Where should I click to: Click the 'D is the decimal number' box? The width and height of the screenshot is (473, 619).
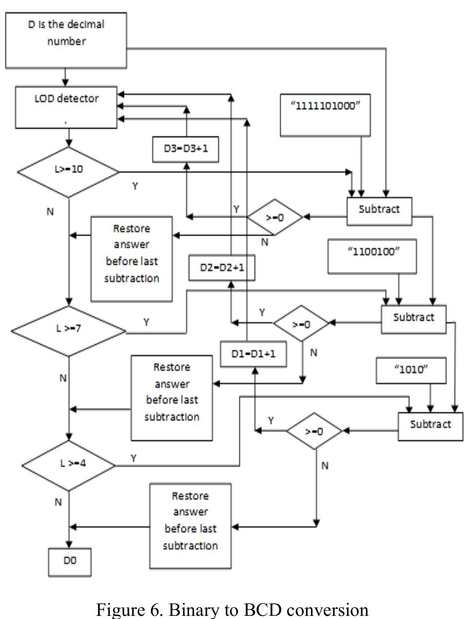point(66,41)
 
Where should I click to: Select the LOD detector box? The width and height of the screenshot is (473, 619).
point(66,108)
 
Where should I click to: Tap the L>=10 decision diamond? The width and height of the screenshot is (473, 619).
point(68,171)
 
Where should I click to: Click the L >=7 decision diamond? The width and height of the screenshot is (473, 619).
point(68,330)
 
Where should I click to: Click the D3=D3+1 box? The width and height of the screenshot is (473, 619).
point(186,149)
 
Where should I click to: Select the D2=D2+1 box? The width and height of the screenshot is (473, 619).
point(222,268)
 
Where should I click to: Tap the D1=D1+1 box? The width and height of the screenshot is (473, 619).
point(253,354)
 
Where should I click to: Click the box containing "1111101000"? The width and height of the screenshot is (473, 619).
point(325,115)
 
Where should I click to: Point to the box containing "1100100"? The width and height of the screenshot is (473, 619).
point(372,257)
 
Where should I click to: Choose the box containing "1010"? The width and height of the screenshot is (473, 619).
point(411,371)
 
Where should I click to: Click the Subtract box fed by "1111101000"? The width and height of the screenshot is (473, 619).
point(379,211)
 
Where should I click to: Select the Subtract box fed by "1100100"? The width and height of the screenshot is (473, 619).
point(414,319)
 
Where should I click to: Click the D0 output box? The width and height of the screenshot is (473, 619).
point(70,562)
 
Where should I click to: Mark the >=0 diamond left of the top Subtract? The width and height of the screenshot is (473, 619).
point(275,217)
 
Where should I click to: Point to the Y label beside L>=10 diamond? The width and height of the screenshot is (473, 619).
point(135,186)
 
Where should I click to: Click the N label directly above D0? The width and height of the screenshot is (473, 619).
point(58,502)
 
